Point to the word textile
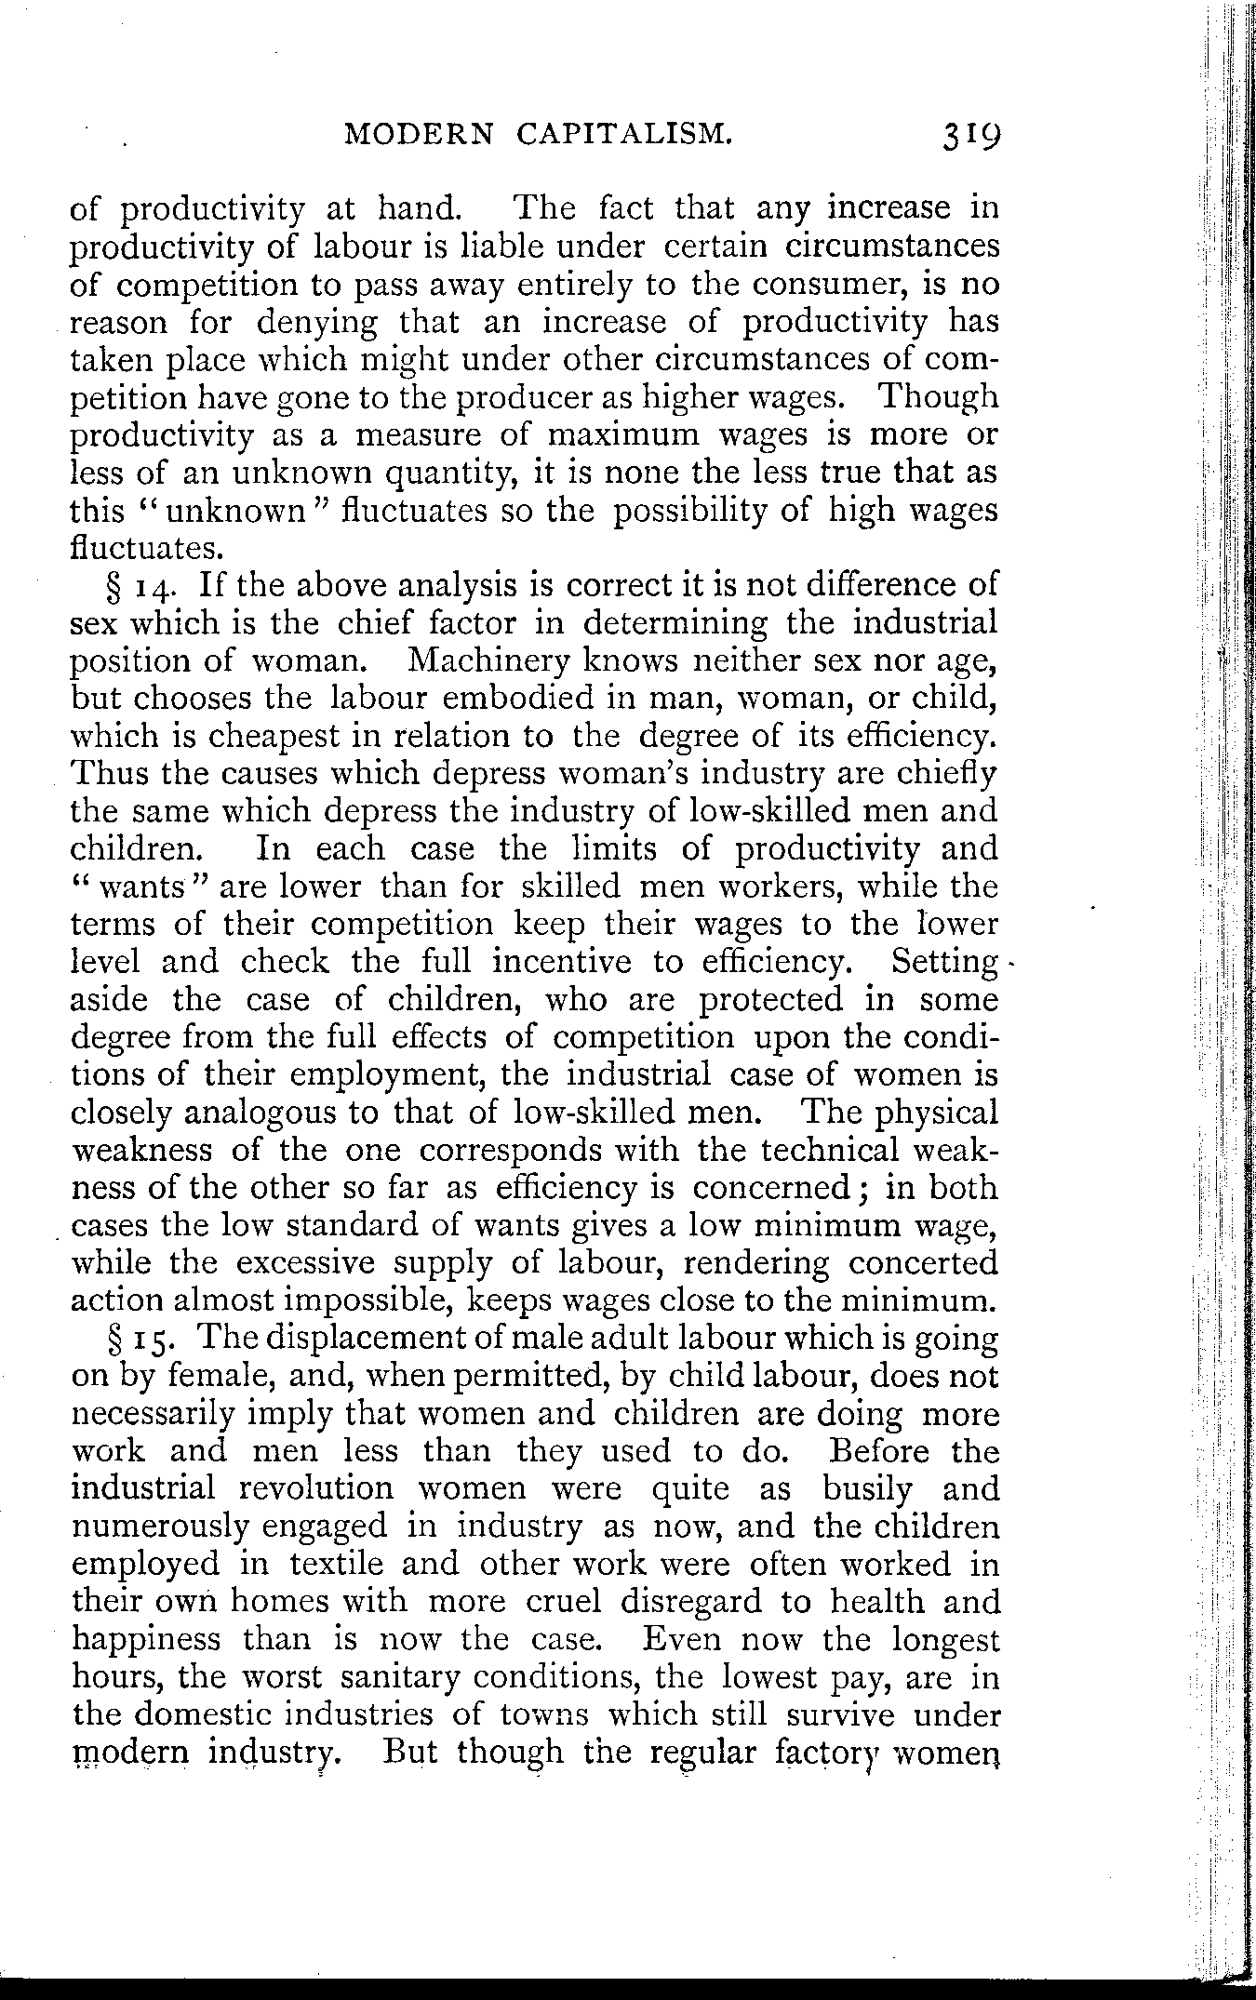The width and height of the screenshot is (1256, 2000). (x=332, y=1565)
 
